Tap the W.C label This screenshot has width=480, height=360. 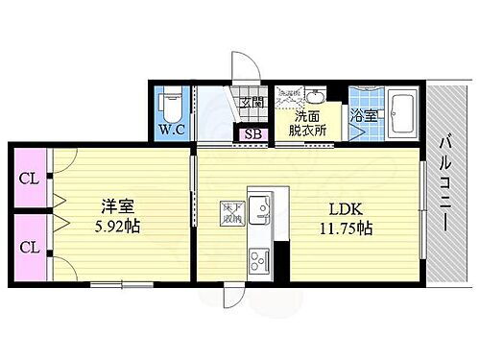173,130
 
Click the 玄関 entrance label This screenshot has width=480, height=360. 252,105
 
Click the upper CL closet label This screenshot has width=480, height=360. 30,179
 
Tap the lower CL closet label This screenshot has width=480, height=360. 30,247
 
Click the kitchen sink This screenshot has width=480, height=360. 258,208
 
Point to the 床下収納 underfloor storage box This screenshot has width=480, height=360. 232,213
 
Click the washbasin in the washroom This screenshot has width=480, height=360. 314,96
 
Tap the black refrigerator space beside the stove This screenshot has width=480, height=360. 281,259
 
